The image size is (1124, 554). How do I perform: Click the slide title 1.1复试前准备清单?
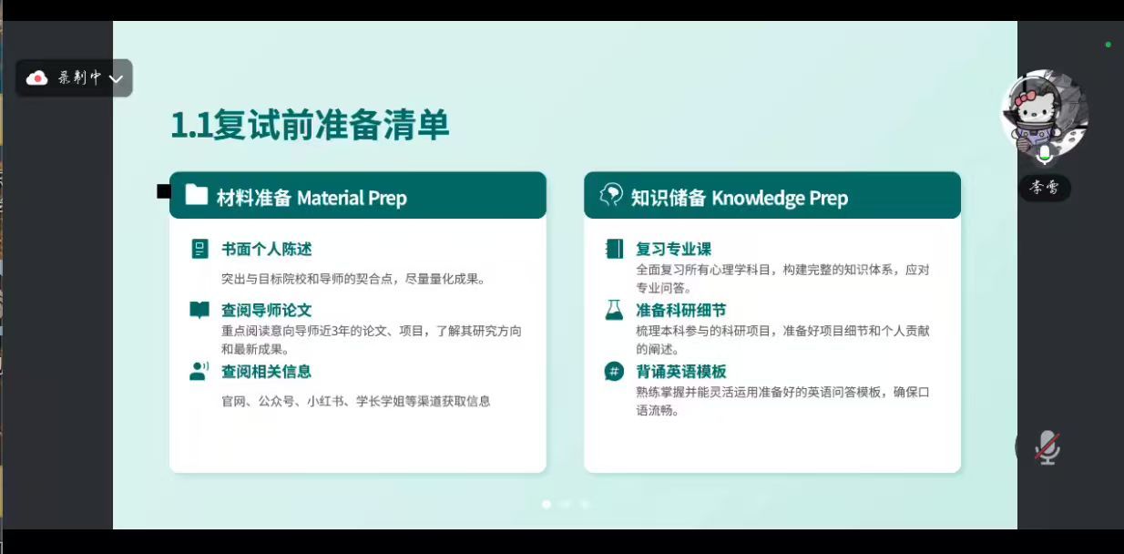tap(310, 125)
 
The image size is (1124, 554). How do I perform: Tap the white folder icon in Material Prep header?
tap(196, 194)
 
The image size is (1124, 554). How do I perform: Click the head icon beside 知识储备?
tap(610, 195)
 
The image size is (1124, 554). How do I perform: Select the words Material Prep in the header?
tap(352, 198)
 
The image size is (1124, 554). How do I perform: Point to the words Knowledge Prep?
tap(780, 199)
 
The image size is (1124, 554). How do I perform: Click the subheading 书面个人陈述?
tap(267, 249)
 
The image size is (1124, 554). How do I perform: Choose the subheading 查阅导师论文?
tap(267, 310)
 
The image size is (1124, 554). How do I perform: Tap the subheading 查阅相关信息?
tap(267, 372)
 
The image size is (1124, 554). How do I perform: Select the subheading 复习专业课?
tap(673, 249)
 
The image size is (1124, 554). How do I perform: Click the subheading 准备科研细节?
tap(681, 310)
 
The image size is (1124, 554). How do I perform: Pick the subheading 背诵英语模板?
tap(681, 372)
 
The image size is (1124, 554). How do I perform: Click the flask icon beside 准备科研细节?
tap(614, 310)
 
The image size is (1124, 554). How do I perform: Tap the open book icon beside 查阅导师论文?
tap(199, 310)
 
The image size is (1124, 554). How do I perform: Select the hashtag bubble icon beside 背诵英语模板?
tap(614, 372)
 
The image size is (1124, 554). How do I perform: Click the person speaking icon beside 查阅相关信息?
tap(199, 372)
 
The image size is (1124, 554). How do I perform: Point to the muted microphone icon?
tap(1047, 447)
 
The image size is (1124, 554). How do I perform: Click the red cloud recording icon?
tap(36, 77)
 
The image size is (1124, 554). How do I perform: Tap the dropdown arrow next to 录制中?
tap(116, 78)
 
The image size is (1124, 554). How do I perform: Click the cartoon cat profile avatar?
tap(1045, 113)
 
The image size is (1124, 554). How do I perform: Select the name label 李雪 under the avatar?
tap(1045, 188)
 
